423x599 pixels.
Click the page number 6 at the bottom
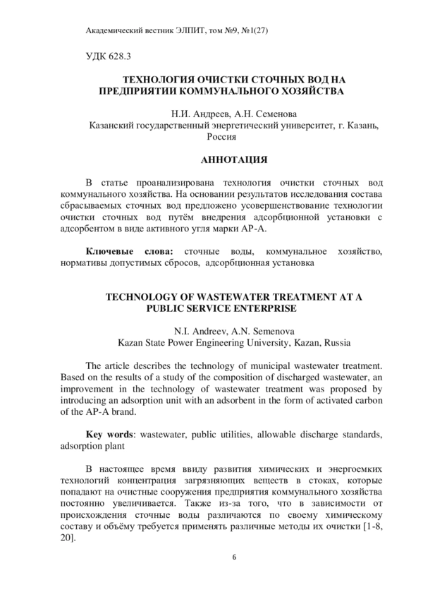point(234,557)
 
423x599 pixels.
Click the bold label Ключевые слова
point(128,251)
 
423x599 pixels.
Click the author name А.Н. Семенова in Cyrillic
point(264,113)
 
